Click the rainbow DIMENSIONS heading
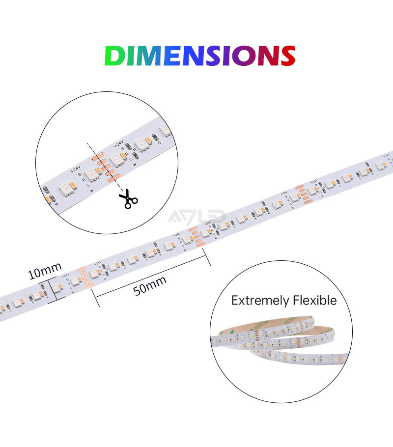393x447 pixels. [199, 56]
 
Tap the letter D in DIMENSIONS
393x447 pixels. [114, 56]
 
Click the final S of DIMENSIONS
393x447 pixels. [284, 56]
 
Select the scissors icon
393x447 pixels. [128, 199]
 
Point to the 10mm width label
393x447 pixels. [45, 271]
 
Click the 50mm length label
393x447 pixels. [150, 285]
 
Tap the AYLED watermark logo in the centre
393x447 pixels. [196, 217]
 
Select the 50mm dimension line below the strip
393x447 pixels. [152, 276]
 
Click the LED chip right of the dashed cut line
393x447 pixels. [117, 160]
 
